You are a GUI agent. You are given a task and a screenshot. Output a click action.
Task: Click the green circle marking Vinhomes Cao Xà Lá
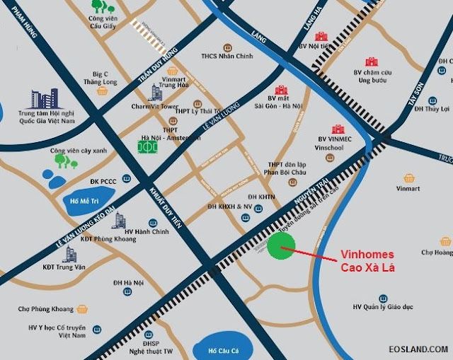[282, 246]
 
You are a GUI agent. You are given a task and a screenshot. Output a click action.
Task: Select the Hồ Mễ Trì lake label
[83, 200]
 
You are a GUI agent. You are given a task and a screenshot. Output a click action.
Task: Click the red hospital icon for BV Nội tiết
[321, 37]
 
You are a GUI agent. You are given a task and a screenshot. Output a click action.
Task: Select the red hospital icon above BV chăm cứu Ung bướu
[371, 62]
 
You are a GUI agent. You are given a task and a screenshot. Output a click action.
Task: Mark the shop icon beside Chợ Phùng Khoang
[82, 309]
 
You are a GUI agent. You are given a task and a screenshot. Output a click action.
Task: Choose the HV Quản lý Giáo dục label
[382, 307]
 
